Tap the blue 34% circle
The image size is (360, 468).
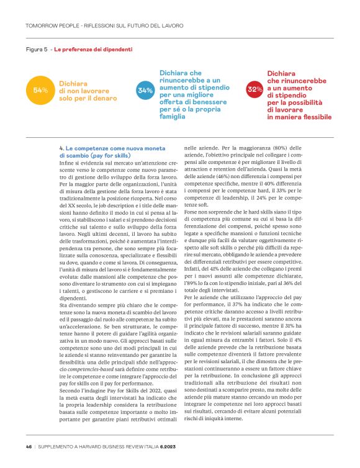[x=145, y=91]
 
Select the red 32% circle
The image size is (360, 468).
[x=254, y=91]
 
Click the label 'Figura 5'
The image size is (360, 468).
[x=37, y=49]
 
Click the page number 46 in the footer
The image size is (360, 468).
[x=29, y=446]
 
